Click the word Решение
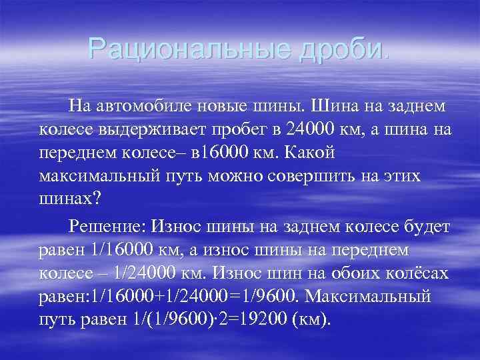point(105,227)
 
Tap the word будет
point(427,227)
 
